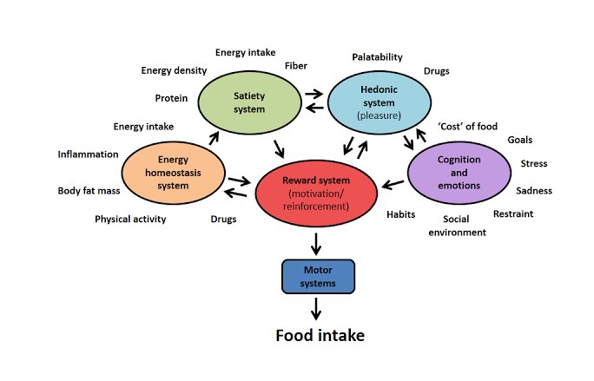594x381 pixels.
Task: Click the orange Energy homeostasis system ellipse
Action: pyautogui.click(x=173, y=173)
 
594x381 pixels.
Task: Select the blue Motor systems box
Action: pyautogui.click(x=317, y=276)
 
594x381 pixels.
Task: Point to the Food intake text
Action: pyautogui.click(x=320, y=335)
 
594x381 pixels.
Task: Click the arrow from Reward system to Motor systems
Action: pyautogui.click(x=317, y=242)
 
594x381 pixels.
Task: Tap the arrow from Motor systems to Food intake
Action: pyautogui.click(x=317, y=307)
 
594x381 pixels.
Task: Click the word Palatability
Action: pyautogui.click(x=377, y=57)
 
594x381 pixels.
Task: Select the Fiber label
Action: pyautogui.click(x=295, y=66)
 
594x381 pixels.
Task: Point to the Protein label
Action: pyautogui.click(x=171, y=98)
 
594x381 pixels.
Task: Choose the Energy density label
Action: pyautogui.click(x=174, y=70)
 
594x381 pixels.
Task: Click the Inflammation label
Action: pyautogui.click(x=88, y=154)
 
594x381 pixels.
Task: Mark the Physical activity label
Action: pyautogui.click(x=130, y=219)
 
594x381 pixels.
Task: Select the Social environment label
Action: pyautogui.click(x=457, y=226)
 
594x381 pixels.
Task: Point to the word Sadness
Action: pyautogui.click(x=533, y=191)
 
